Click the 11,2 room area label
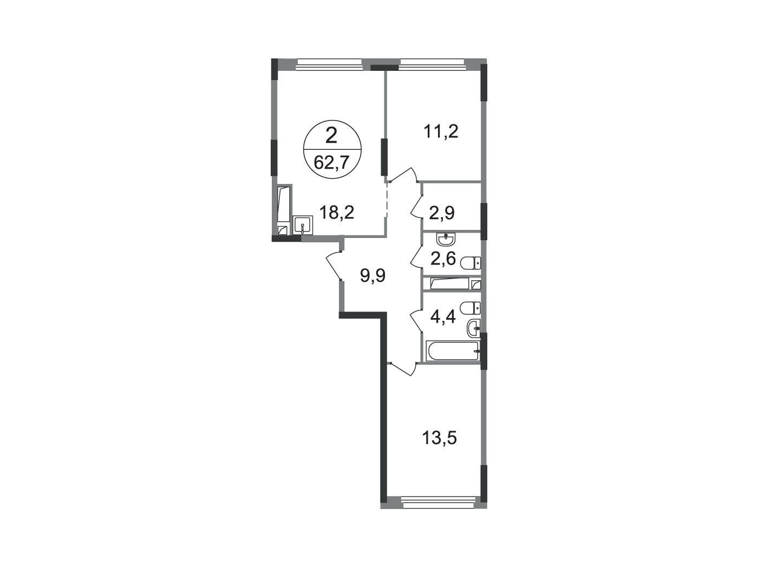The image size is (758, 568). pyautogui.click(x=441, y=132)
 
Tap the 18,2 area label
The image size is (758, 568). pyautogui.click(x=337, y=212)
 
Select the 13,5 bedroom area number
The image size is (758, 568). pyautogui.click(x=440, y=438)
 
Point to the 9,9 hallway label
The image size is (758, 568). pyautogui.click(x=373, y=276)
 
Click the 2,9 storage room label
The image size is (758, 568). pyautogui.click(x=442, y=214)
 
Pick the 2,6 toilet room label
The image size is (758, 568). pyautogui.click(x=443, y=259)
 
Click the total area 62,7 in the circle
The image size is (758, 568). pyautogui.click(x=331, y=163)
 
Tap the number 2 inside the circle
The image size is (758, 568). pyautogui.click(x=331, y=136)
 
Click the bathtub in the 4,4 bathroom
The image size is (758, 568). pyautogui.click(x=452, y=351)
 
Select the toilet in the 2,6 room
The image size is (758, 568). pyautogui.click(x=471, y=263)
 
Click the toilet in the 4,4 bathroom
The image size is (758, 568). pyautogui.click(x=471, y=308)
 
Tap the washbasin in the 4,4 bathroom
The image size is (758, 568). pyautogui.click(x=473, y=328)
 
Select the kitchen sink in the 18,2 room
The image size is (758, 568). pyautogui.click(x=303, y=225)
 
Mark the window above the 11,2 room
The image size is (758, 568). pyautogui.click(x=432, y=63)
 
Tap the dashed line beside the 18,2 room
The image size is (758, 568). pyautogui.click(x=387, y=200)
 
